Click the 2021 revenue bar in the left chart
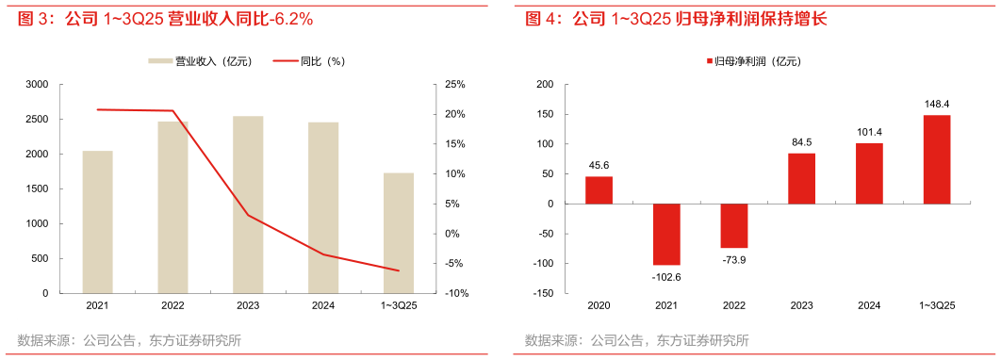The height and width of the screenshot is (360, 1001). [97, 221]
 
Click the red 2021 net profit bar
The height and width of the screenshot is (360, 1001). [666, 235]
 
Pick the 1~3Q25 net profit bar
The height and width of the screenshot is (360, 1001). [937, 159]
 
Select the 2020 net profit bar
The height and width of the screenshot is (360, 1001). [599, 189]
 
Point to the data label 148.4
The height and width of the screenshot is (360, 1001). [937, 105]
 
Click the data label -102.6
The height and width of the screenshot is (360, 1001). [666, 277]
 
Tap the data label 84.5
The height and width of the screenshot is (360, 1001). [801, 142]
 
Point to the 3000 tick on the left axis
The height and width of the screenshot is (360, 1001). [37, 85]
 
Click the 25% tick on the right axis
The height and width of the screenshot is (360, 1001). [456, 85]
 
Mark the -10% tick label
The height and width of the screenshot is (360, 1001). [456, 294]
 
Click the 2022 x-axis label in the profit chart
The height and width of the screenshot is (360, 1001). [734, 305]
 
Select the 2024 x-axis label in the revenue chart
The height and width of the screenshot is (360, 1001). [323, 305]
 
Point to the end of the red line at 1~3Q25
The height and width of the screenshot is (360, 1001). [399, 271]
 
